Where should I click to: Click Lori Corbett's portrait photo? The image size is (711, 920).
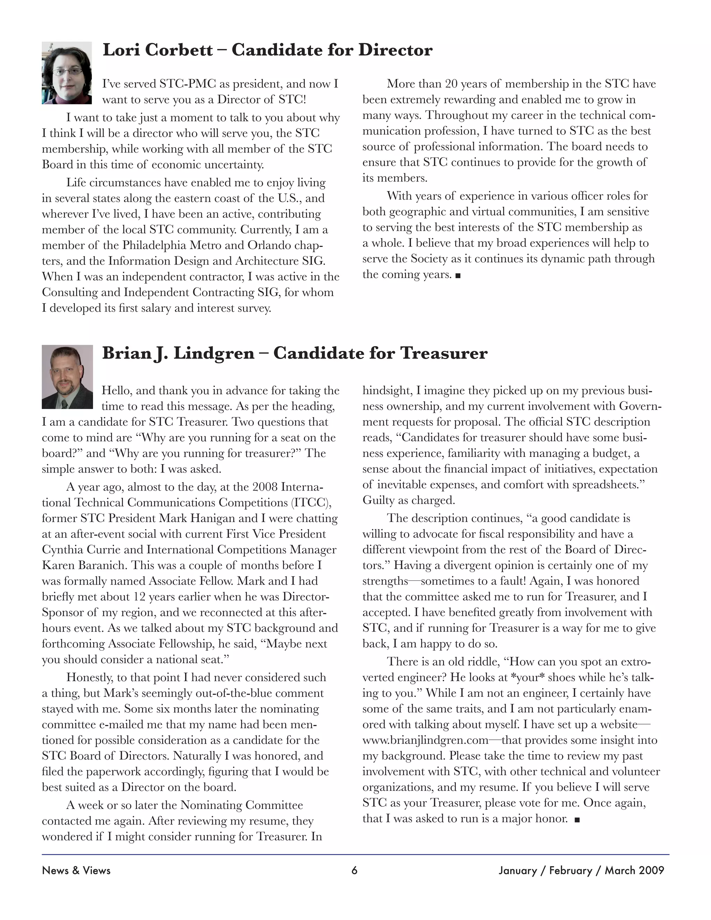pyautogui.click(x=67, y=73)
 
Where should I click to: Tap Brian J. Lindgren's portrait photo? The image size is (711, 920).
pyautogui.click(x=67, y=377)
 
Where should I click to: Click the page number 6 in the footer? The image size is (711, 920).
pyautogui.click(x=354, y=870)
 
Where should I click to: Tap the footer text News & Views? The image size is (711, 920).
pyautogui.click(x=76, y=870)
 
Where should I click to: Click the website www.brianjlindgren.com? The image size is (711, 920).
pyautogui.click(x=425, y=740)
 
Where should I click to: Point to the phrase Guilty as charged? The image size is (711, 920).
pyautogui.click(x=409, y=500)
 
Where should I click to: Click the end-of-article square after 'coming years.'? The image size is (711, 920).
pyautogui.click(x=458, y=276)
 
